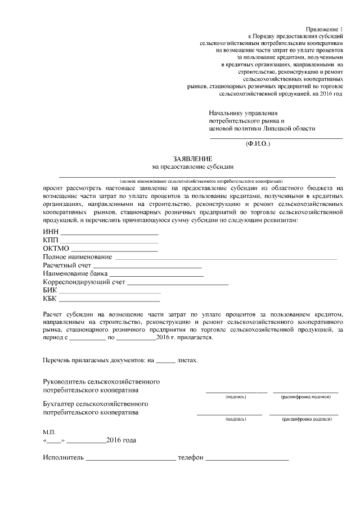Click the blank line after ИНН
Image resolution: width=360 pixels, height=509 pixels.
109,232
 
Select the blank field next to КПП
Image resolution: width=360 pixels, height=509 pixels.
110,241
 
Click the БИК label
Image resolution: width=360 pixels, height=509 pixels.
50,290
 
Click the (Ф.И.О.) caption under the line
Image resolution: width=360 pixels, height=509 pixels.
258,144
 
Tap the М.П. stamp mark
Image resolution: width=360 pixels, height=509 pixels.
49,431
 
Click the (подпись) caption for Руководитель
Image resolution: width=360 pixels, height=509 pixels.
235,397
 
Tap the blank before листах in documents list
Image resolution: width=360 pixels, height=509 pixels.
165,359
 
